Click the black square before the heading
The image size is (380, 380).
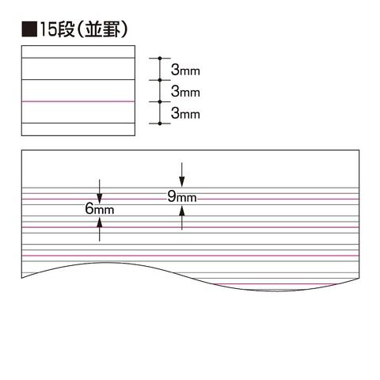[x=29, y=29]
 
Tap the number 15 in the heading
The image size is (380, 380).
[x=48, y=29]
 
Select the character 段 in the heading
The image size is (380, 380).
[x=66, y=29]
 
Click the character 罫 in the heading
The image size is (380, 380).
[x=111, y=29]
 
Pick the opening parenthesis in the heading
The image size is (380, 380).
[x=80, y=29]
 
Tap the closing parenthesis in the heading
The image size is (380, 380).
[x=124, y=29]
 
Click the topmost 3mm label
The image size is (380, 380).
[x=185, y=70]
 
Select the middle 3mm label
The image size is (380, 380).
[x=185, y=92]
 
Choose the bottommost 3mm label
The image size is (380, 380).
[x=185, y=113]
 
